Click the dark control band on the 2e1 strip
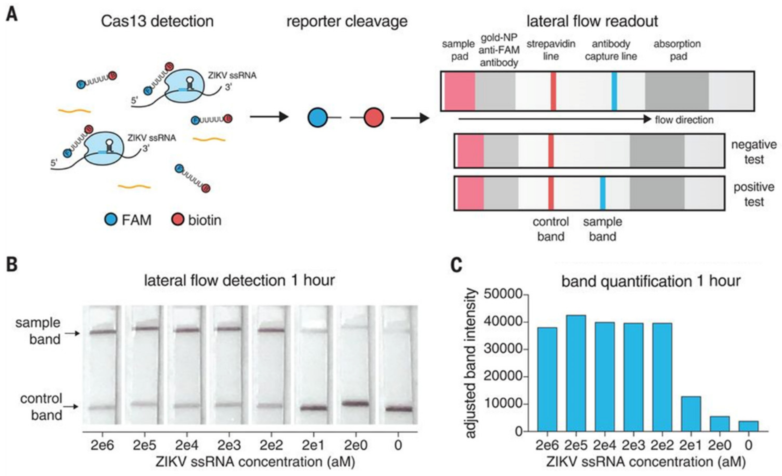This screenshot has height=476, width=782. tap(314, 408)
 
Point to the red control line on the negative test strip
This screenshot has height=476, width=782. tap(551, 151)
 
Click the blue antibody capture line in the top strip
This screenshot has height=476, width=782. tap(614, 91)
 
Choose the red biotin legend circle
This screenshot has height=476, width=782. tap(177, 220)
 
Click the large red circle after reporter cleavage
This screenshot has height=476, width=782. tap(374, 118)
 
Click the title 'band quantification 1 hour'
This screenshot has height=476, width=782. tap(651, 281)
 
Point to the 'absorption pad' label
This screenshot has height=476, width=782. tap(677, 50)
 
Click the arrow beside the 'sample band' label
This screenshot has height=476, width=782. tap(72, 334)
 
